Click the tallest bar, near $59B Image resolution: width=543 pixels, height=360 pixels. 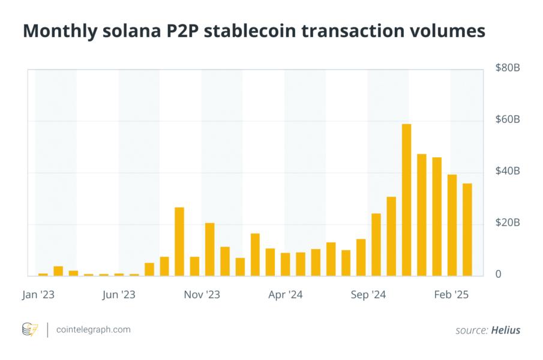(x=406, y=200)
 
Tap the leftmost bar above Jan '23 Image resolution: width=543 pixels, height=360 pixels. (x=43, y=274)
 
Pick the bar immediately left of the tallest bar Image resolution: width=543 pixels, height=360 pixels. (x=391, y=236)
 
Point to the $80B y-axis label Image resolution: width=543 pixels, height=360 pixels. (x=508, y=68)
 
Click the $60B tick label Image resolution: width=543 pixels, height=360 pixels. (x=508, y=120)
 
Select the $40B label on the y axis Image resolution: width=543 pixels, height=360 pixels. (x=508, y=172)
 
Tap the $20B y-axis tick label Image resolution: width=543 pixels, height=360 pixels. (x=508, y=223)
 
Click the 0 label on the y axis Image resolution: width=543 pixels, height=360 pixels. (x=499, y=275)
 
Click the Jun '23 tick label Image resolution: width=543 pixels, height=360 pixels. (x=119, y=295)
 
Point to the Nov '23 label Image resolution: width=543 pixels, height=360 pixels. (x=202, y=295)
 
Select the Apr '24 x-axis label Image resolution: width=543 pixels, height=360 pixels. (x=285, y=295)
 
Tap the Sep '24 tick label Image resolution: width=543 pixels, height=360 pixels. (x=368, y=295)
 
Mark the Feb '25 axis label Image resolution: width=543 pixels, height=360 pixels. (x=451, y=295)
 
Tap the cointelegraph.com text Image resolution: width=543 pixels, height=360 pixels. (x=93, y=329)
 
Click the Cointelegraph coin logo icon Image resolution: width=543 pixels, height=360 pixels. (x=29, y=329)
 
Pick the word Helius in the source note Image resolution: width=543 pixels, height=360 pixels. (x=505, y=330)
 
